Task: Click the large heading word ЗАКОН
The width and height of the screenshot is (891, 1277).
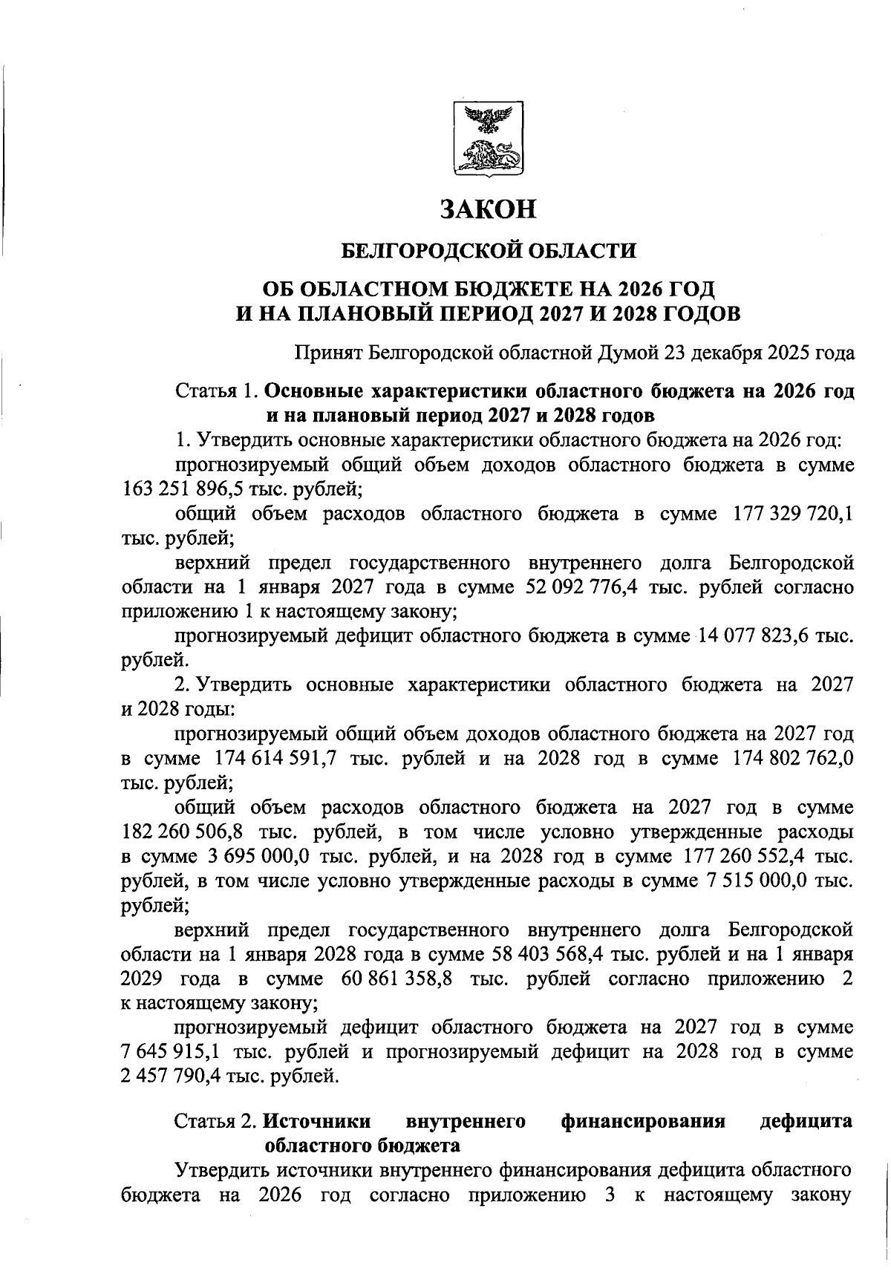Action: tap(488, 209)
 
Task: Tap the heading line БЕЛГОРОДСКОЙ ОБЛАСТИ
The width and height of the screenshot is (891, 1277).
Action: tap(488, 250)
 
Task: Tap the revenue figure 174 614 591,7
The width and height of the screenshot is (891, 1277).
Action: tap(274, 759)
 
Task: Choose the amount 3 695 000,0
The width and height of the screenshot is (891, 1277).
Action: tap(254, 856)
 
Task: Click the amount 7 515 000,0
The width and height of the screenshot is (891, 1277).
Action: tap(754, 881)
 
